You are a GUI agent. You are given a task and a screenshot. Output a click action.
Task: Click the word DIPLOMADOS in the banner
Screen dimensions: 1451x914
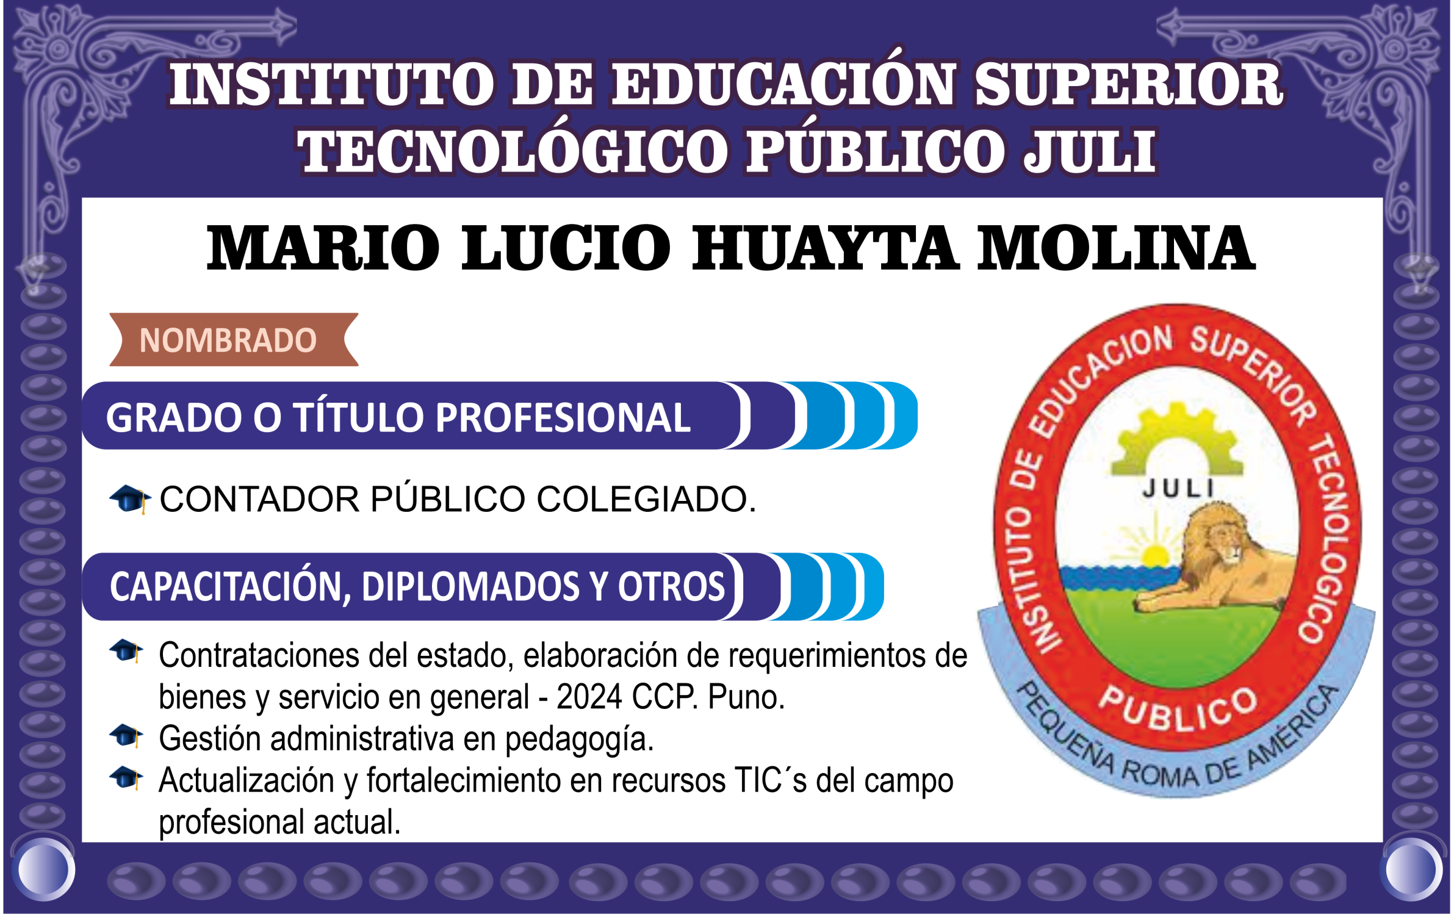[470, 587]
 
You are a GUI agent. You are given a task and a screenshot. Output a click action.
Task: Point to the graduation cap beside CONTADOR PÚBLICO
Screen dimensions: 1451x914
[129, 499]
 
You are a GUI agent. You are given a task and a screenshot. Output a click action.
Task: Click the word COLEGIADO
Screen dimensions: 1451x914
[646, 499]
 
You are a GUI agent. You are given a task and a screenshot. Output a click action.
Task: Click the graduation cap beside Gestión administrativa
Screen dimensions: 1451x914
[126, 735]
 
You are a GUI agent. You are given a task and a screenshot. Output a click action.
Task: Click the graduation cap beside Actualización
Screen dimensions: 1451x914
[126, 777]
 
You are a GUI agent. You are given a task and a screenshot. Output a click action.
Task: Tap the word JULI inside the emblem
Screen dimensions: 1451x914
[1178, 488]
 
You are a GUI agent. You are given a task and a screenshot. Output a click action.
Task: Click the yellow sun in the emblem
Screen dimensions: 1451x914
[1154, 555]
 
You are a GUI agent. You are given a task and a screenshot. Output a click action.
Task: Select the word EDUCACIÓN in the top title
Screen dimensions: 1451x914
[783, 84]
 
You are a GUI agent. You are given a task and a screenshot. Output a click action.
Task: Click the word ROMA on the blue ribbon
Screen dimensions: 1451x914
[1159, 774]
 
